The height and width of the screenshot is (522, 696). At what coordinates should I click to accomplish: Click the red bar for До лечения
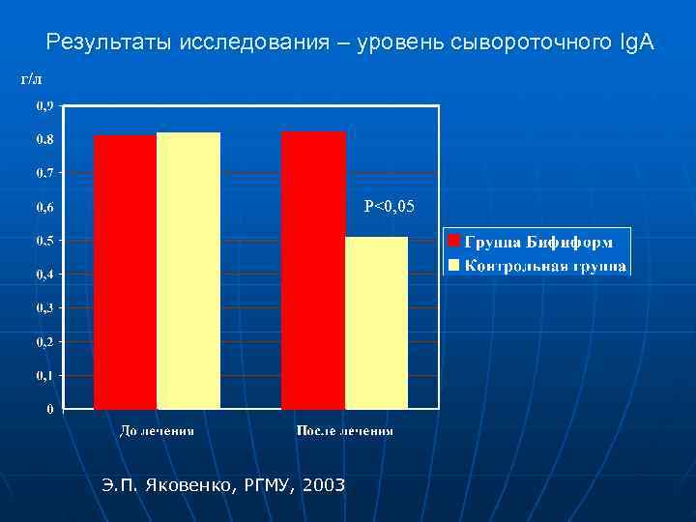125,272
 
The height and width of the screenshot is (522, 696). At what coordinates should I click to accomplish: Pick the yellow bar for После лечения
377,323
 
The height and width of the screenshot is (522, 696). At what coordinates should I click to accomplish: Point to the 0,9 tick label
45,105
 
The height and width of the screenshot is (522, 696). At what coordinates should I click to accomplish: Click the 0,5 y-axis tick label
45,241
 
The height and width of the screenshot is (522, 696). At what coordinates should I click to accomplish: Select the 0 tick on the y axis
49,409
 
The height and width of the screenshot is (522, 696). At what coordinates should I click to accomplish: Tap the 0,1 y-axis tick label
45,375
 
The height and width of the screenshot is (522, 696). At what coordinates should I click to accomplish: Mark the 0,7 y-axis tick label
45,173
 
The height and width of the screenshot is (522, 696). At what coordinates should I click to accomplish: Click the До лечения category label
157,431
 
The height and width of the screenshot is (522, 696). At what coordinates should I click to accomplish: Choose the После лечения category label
344,431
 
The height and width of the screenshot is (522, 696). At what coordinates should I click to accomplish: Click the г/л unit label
32,77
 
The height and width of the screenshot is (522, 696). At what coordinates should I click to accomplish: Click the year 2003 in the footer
323,484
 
